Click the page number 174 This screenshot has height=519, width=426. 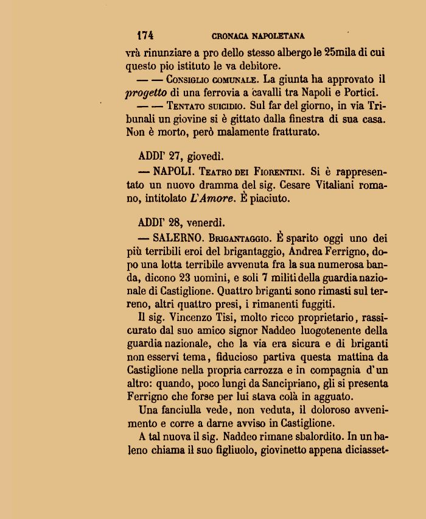(145, 35)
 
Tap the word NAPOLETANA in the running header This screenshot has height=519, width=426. (276, 36)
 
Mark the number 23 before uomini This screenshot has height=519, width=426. (194, 277)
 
